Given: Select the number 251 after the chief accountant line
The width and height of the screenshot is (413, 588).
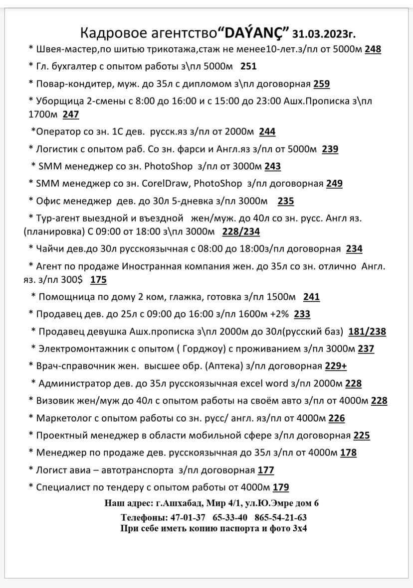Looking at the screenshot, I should [x=248, y=66].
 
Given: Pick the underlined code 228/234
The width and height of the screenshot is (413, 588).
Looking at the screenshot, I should [x=241, y=232].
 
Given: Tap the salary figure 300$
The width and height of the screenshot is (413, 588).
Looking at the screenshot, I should [x=74, y=280].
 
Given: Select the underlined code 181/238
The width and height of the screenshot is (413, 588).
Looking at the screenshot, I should [x=367, y=332].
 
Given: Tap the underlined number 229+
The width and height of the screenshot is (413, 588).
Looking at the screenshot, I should [x=336, y=366].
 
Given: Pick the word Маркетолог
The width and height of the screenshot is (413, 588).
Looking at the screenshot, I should [x=62, y=419].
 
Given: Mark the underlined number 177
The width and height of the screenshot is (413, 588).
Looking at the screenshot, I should [x=266, y=470].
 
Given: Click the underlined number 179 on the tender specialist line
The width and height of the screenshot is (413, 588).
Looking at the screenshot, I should [x=281, y=487].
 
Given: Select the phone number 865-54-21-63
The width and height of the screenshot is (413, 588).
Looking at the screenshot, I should [x=280, y=517].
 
